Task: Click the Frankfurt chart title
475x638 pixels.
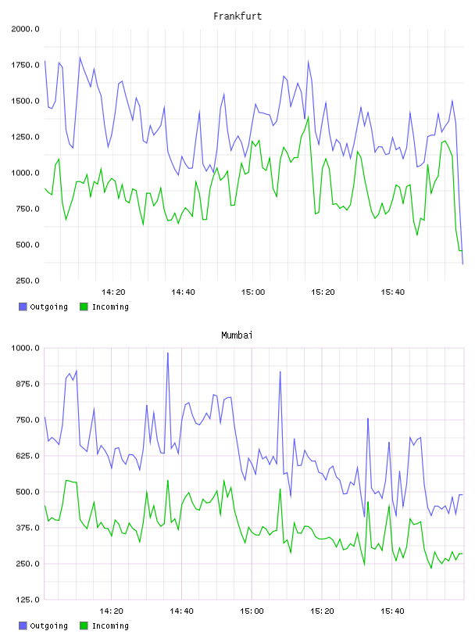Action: [237, 16]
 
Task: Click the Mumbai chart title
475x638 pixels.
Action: [237, 335]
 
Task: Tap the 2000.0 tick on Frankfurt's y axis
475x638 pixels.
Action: [25, 29]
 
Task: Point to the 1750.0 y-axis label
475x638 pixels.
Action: [25, 65]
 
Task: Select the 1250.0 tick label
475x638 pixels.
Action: [25, 137]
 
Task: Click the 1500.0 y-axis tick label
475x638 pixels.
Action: [25, 101]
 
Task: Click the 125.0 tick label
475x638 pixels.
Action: [27, 600]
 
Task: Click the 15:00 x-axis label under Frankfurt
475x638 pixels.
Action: [253, 292]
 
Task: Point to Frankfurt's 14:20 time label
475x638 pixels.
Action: [113, 292]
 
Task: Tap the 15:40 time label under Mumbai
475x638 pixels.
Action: [392, 611]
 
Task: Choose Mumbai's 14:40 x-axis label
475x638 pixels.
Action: [181, 611]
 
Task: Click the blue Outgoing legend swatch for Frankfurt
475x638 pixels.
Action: [23, 306]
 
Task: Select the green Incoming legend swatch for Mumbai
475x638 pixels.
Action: [84, 625]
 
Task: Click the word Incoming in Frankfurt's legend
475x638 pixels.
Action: [110, 307]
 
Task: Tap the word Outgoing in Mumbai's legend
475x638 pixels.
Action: [48, 626]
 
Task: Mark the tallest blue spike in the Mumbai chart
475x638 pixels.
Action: [167, 353]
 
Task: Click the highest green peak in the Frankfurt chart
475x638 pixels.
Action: [309, 117]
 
